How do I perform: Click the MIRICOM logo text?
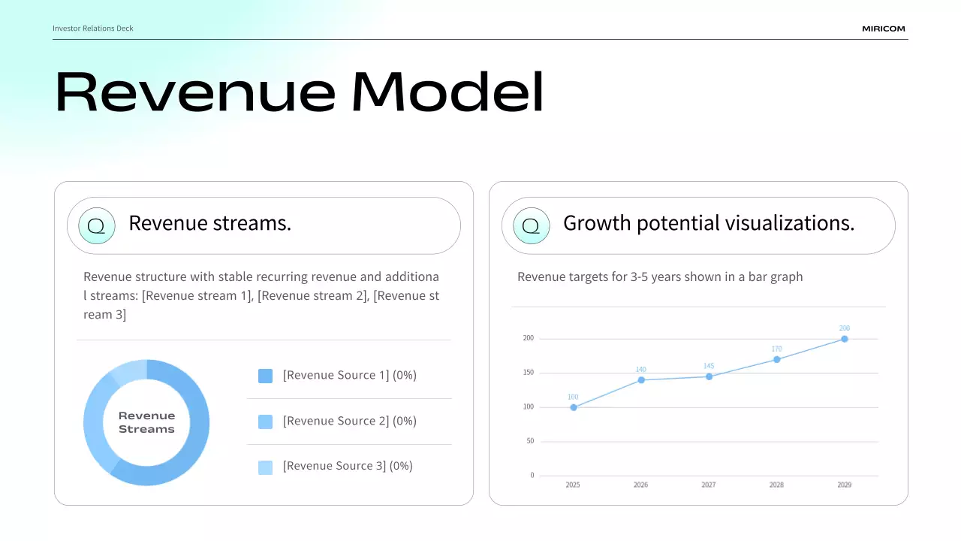884,29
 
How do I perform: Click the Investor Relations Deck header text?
92,29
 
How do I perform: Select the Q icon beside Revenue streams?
97,226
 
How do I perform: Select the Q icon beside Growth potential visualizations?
531,226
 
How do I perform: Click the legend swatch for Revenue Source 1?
265,376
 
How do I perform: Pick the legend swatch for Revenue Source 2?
265,422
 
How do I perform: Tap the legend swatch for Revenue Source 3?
265,467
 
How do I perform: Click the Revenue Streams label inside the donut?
146,422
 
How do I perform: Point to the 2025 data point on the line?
574,407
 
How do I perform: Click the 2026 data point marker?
641,380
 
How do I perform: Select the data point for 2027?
709,376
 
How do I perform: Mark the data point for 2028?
776,359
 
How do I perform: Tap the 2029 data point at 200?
845,339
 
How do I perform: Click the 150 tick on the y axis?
528,372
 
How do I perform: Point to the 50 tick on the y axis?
530,440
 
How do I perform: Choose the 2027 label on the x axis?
708,485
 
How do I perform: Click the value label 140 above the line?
640,369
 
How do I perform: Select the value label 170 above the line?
776,349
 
